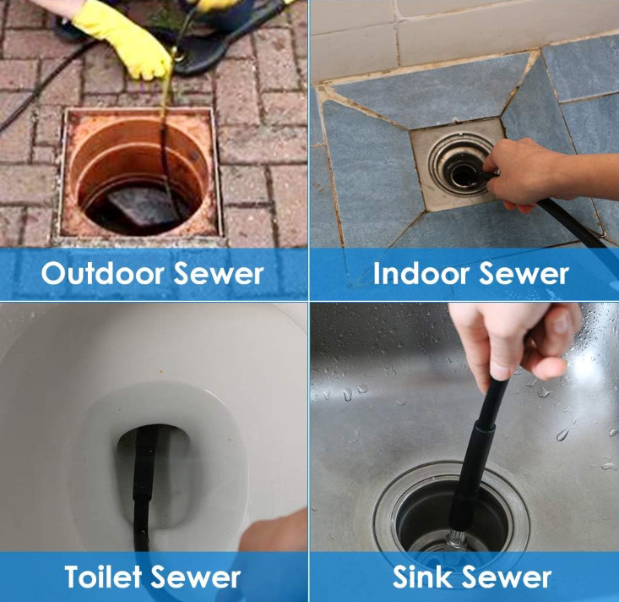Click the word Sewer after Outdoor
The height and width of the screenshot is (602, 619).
219,273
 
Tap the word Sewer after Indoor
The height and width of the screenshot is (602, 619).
524,273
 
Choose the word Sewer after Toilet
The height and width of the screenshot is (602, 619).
195,577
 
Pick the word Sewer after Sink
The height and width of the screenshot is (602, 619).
506,577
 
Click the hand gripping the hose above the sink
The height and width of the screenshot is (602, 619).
513,340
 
